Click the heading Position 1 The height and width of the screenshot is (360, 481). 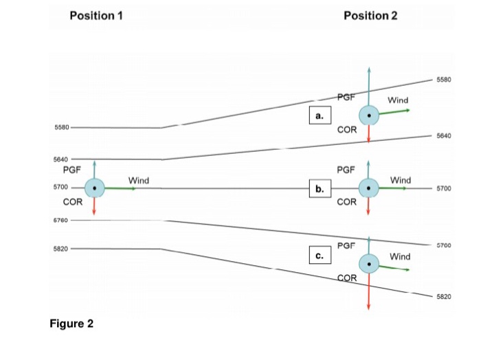pyautogui.click(x=96, y=16)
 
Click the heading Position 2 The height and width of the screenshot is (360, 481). pyautogui.click(x=370, y=16)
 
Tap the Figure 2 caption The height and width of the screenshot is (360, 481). pyautogui.click(x=71, y=324)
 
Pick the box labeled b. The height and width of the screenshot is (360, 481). pyautogui.click(x=320, y=188)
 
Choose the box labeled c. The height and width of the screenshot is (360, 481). pyautogui.click(x=320, y=256)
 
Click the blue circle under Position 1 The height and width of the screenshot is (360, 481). pyautogui.click(x=94, y=187)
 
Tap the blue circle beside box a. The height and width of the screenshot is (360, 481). pyautogui.click(x=370, y=116)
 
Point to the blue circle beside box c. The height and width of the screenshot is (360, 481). pyautogui.click(x=370, y=264)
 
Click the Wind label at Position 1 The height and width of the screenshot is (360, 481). pyautogui.click(x=138, y=180)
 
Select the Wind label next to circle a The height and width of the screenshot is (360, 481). pyautogui.click(x=398, y=100)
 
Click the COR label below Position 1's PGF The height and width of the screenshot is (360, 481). pyautogui.click(x=73, y=203)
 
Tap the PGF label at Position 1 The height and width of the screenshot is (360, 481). pyautogui.click(x=71, y=168)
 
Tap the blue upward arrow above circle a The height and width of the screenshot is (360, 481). pyautogui.click(x=370, y=86)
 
